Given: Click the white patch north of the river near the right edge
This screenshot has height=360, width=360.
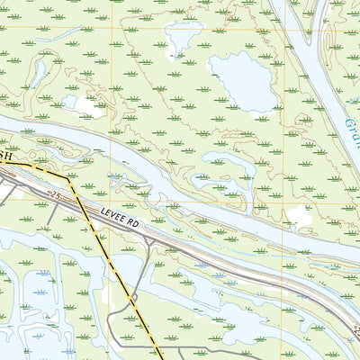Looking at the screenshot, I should click(300, 216).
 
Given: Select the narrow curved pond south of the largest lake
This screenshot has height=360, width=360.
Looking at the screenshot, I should click(225, 163).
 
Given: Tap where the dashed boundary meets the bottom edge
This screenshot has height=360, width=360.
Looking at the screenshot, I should click(162, 357).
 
